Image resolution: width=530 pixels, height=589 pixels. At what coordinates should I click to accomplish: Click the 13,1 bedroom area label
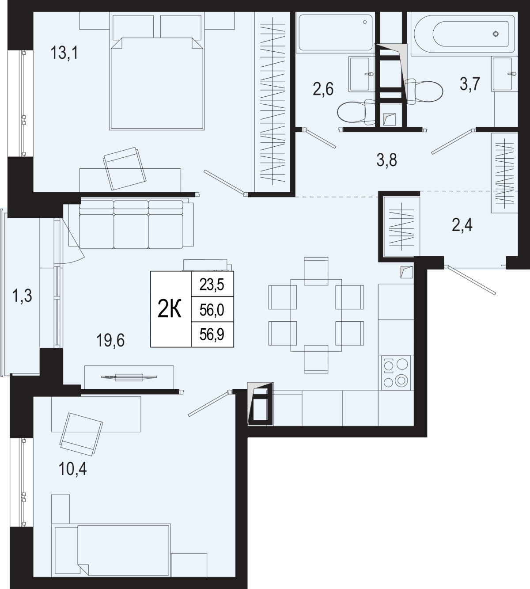coord(64,53)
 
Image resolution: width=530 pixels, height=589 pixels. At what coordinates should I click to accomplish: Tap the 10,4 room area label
coord(72,468)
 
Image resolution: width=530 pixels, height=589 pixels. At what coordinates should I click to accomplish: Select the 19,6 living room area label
coord(110,340)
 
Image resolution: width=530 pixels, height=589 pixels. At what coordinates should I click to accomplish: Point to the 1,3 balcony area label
coord(22,295)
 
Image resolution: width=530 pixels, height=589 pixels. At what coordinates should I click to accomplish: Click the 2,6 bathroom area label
coord(323,89)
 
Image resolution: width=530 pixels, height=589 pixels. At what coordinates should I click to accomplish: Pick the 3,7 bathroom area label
coord(470,84)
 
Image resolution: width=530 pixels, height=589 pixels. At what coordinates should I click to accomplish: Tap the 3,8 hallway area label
coord(387,160)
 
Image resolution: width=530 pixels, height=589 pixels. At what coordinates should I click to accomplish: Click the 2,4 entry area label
coord(462,225)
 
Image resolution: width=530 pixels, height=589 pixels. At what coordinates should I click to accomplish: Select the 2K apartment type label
coord(170,308)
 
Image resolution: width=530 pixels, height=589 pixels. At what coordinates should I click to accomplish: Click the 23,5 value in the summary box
coord(212,285)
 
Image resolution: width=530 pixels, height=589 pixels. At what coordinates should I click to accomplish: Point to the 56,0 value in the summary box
coord(212,310)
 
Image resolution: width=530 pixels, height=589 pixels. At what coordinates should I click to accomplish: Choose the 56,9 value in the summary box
coord(212,334)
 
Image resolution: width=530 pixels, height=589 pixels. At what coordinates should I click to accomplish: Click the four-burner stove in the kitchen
coord(396,372)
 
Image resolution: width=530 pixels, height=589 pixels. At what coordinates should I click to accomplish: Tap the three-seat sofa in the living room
coord(131,224)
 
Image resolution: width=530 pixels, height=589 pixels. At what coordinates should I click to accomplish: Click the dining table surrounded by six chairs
coord(316,315)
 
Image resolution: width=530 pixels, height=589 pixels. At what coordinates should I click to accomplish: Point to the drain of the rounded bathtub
coord(496,34)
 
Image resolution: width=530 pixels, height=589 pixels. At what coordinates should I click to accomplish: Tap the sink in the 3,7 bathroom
coord(504,74)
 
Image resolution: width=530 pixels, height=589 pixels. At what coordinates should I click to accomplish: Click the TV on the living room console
coord(129,377)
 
